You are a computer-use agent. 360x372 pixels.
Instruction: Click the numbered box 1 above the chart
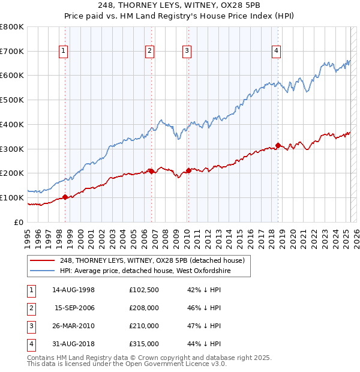pos(64,52)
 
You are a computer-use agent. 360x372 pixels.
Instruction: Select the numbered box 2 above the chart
pos(149,52)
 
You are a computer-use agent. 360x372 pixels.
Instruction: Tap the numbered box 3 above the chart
pos(187,52)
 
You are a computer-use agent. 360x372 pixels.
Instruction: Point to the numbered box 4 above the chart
pos(277,52)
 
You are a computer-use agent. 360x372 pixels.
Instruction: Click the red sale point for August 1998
pos(65,197)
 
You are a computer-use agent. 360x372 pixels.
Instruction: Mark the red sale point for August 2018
pos(278,145)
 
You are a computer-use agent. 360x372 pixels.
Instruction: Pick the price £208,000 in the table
pos(144,308)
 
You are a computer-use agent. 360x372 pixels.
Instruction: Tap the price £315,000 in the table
pos(144,344)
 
